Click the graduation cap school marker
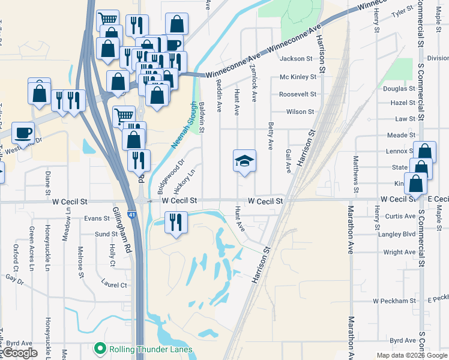pos(244,161)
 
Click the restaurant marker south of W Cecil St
pos(176,223)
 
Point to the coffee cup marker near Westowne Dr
pos(23,132)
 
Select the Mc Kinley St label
pos(298,77)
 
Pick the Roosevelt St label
pos(297,94)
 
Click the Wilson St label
pos(300,112)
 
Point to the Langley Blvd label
pos(397,234)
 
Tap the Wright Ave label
pos(399,252)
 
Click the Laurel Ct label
pos(115,285)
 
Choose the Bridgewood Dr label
pos(169,175)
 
